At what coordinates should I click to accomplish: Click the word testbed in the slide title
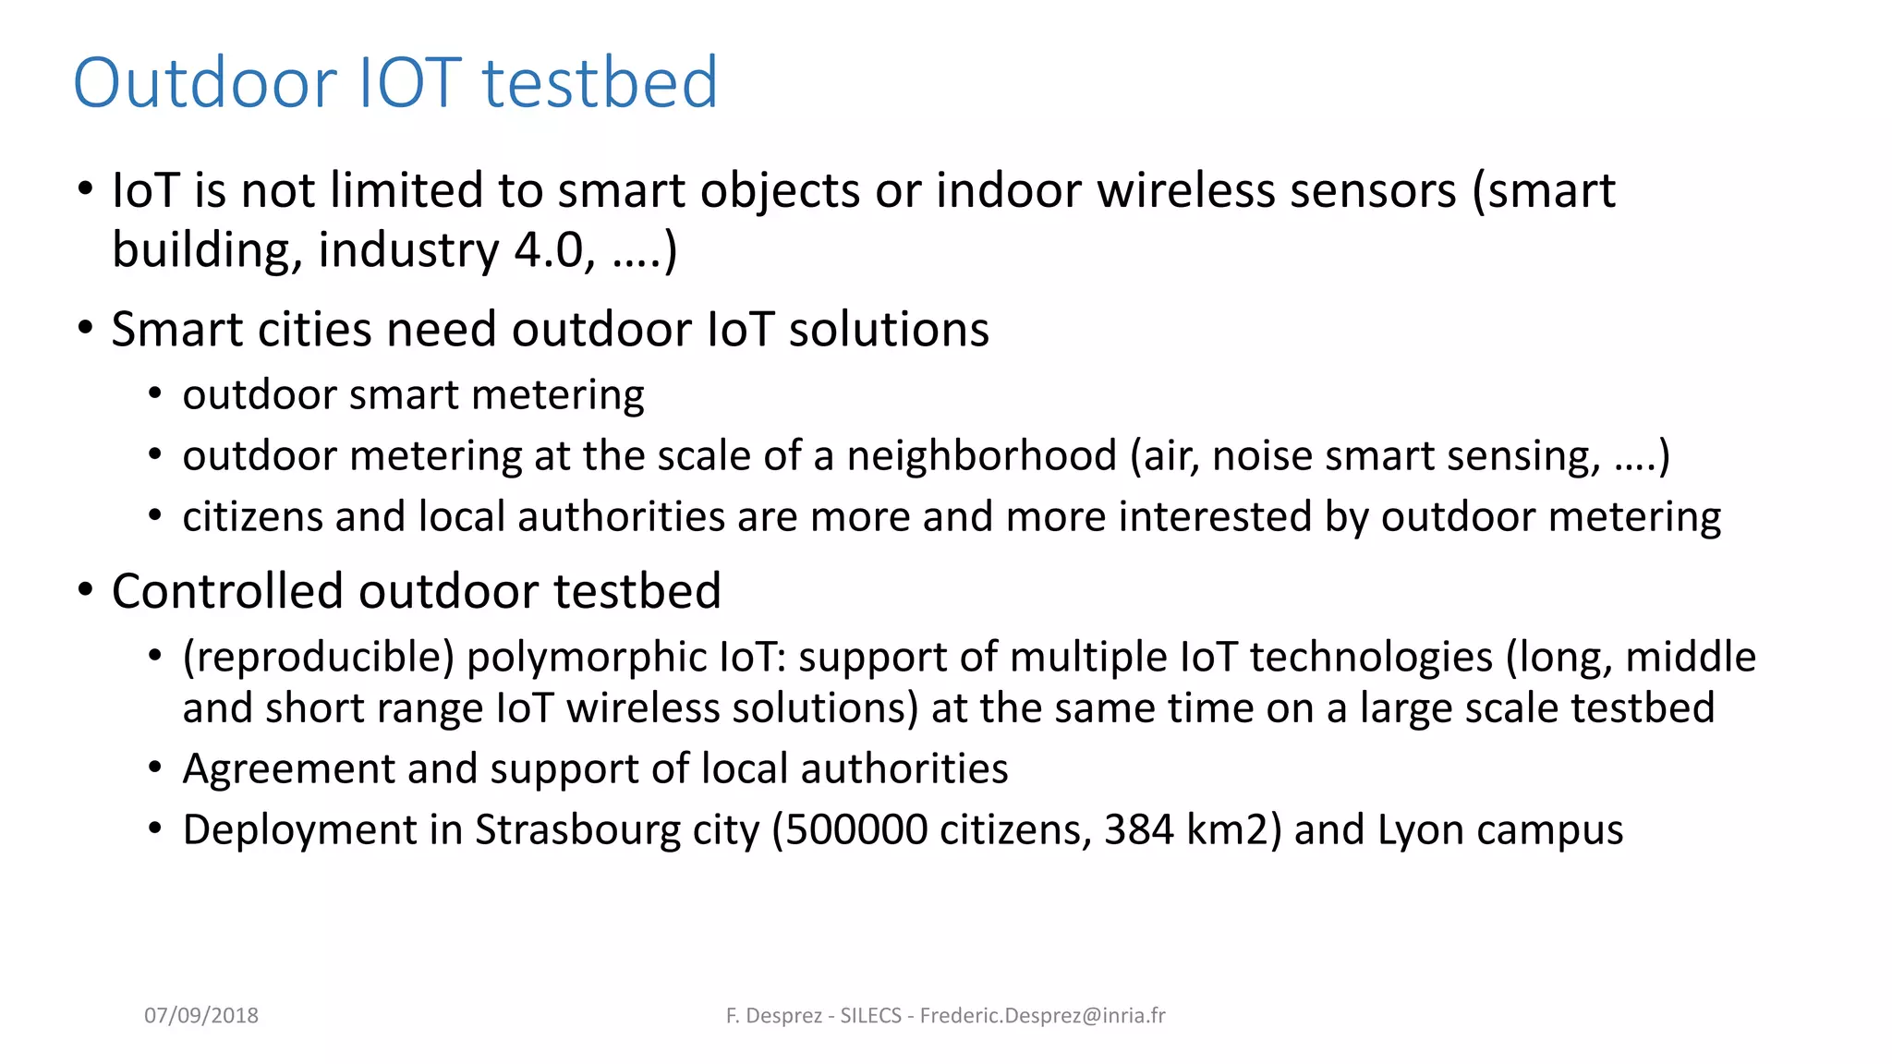600,83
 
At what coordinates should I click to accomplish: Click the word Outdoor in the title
205,83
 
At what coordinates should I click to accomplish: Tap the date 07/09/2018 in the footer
201,1015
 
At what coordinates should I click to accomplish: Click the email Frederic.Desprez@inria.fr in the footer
1042,1015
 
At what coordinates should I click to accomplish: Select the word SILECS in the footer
870,1015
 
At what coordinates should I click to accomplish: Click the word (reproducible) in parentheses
319,658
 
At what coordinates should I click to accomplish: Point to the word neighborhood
982,456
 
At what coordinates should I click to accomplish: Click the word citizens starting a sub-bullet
252,517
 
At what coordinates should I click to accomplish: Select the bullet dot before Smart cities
86,329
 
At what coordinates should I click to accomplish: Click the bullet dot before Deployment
155,828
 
